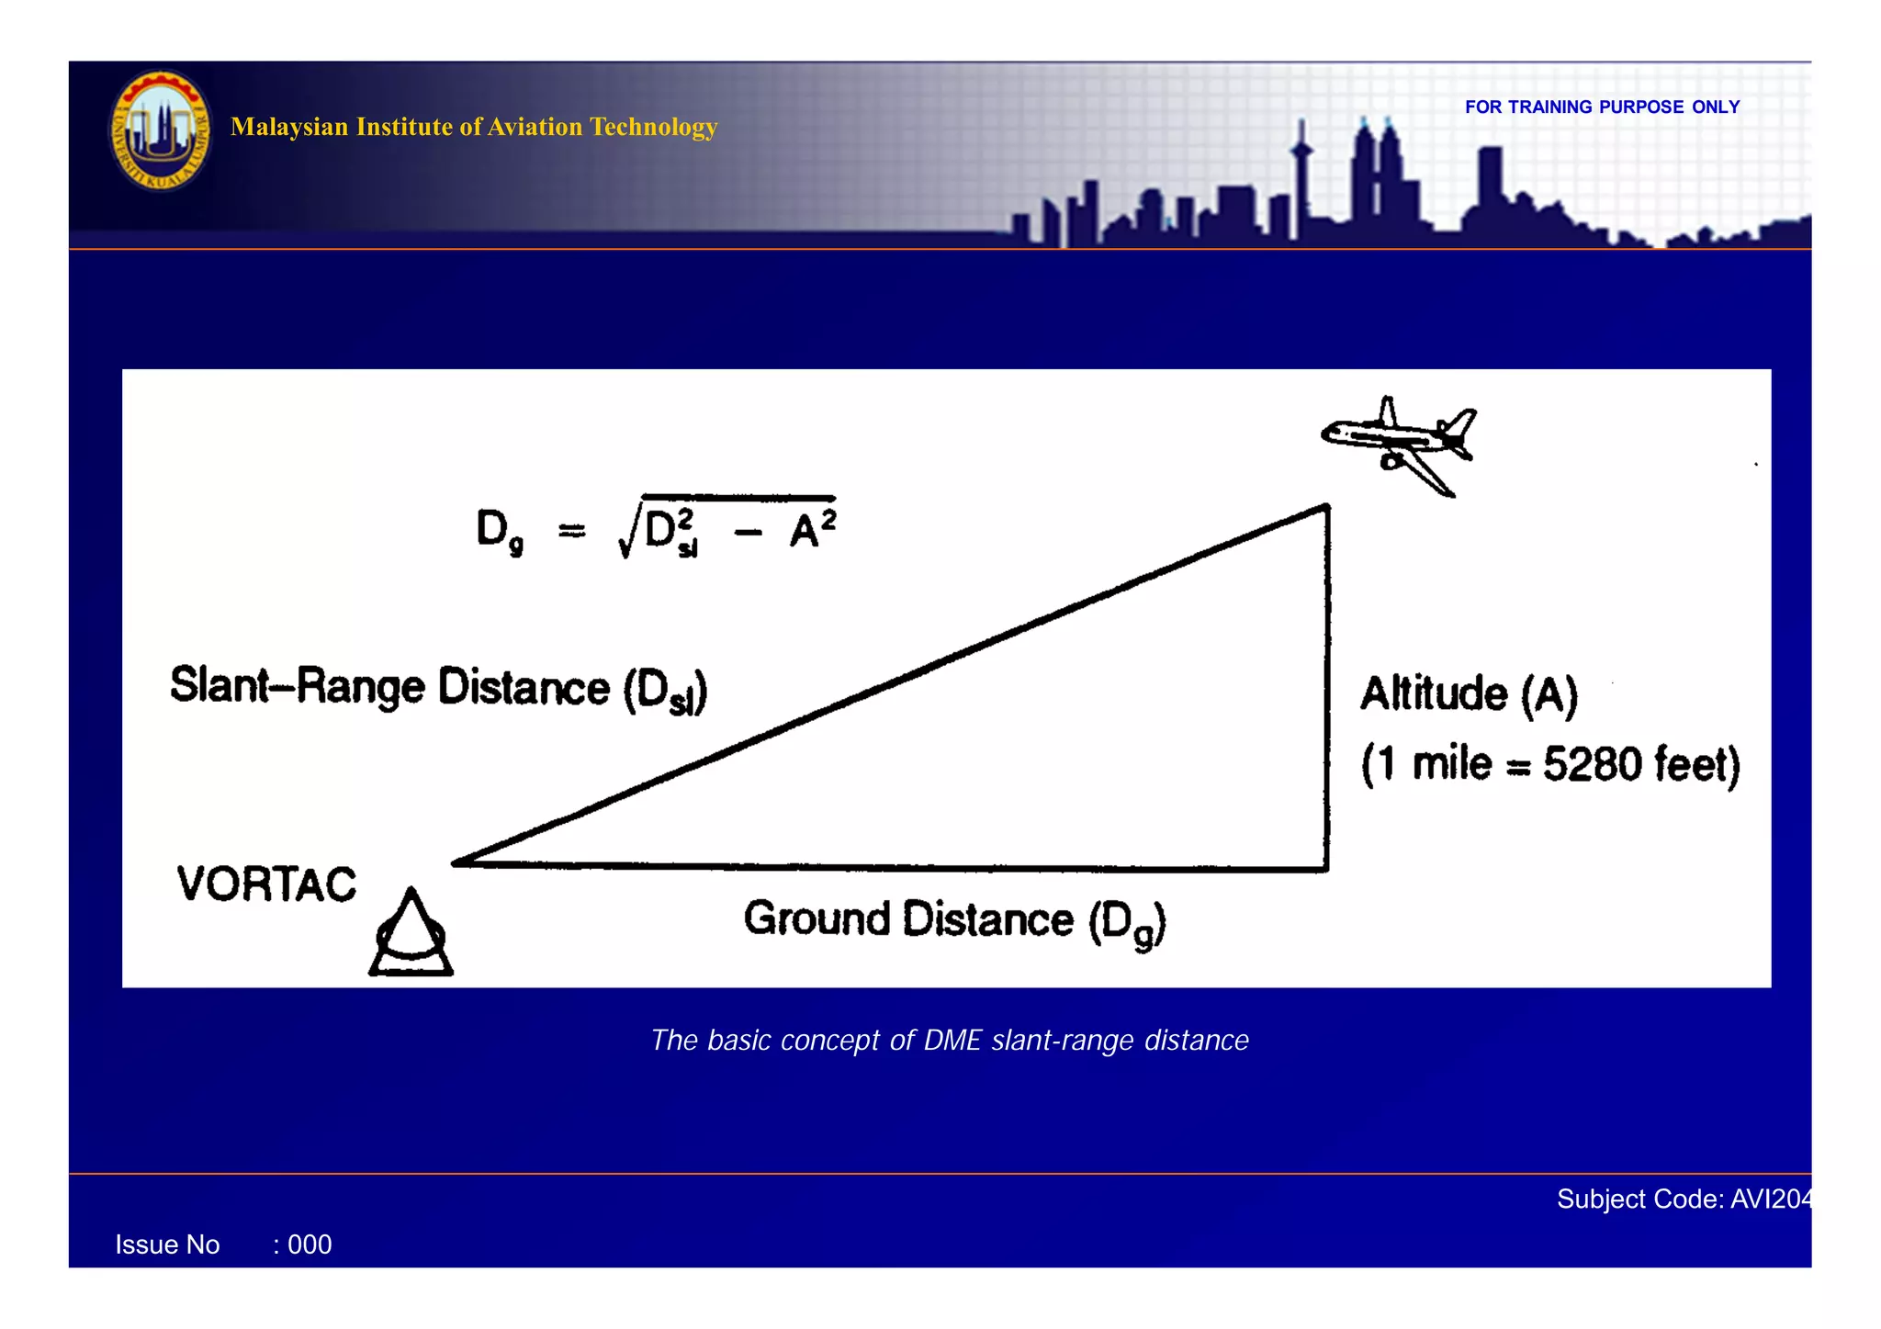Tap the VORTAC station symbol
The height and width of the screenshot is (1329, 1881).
point(411,936)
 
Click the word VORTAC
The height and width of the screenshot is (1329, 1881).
point(266,884)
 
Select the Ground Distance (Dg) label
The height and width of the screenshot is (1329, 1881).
point(954,921)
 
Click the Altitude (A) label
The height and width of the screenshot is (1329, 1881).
point(1469,693)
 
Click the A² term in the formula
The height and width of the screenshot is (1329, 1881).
point(813,528)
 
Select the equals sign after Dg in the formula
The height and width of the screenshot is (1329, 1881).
point(571,531)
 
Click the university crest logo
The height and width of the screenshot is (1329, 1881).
point(161,130)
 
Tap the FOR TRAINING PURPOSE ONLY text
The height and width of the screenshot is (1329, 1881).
point(1602,107)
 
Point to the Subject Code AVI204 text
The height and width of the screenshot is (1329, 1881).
point(1684,1199)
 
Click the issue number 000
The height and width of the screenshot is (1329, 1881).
point(310,1245)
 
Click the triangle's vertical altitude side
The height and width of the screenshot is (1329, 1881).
point(1327,689)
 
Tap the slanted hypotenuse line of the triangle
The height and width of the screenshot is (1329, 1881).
point(891,684)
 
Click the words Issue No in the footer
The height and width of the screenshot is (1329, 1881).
point(167,1245)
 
